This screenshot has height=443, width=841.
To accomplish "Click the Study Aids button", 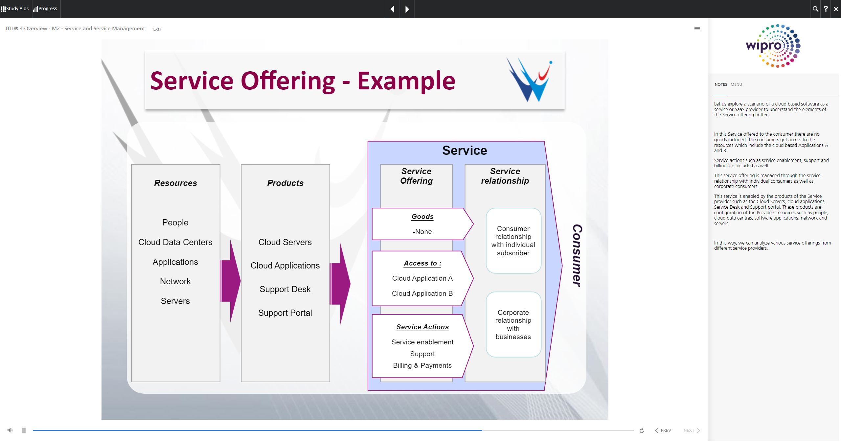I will tap(15, 9).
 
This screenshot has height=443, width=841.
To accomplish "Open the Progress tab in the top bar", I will tap(45, 9).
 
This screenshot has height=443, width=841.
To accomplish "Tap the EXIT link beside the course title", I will tap(157, 29).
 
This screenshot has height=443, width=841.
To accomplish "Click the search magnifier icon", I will tap(815, 9).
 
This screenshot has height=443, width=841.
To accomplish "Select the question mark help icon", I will tap(826, 9).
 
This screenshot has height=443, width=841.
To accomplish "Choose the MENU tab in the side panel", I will tap(736, 84).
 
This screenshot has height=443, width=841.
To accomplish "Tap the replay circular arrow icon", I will tap(642, 431).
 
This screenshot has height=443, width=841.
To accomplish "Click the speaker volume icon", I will tap(10, 430).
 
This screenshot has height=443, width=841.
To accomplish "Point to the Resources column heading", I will tap(175, 183).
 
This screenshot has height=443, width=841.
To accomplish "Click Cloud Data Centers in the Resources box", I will tap(175, 242).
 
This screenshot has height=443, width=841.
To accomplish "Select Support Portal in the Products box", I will tap(285, 313).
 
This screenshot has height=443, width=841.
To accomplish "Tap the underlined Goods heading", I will tap(422, 217).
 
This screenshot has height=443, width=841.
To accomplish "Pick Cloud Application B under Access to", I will tap(422, 293).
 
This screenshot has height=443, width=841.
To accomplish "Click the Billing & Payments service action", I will tap(422, 365).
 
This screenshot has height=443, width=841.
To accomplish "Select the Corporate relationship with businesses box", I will tap(513, 324).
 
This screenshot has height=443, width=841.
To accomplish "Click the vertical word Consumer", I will tap(577, 256).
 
